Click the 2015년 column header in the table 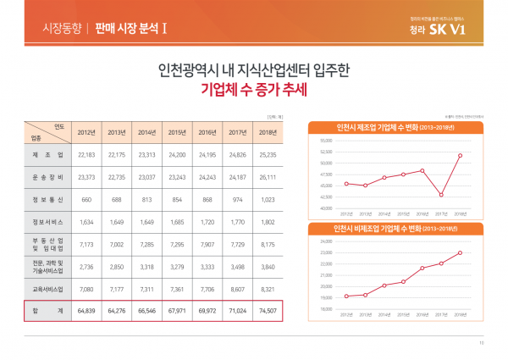[x=177, y=132]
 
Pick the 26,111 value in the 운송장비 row [x=268, y=178]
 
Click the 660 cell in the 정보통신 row [x=86, y=200]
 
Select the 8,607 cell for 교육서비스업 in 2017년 [x=238, y=289]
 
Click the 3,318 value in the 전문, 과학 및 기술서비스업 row [x=147, y=267]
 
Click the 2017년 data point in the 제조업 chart [x=441, y=195]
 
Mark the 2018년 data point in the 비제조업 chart [x=460, y=252]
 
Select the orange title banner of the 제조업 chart [x=395, y=127]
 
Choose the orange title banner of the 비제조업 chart [x=395, y=229]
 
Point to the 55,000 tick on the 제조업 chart [x=326, y=140]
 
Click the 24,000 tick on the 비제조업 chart [x=326, y=241]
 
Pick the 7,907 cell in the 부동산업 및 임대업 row [x=207, y=244]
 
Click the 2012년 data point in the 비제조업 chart [x=346, y=296]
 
